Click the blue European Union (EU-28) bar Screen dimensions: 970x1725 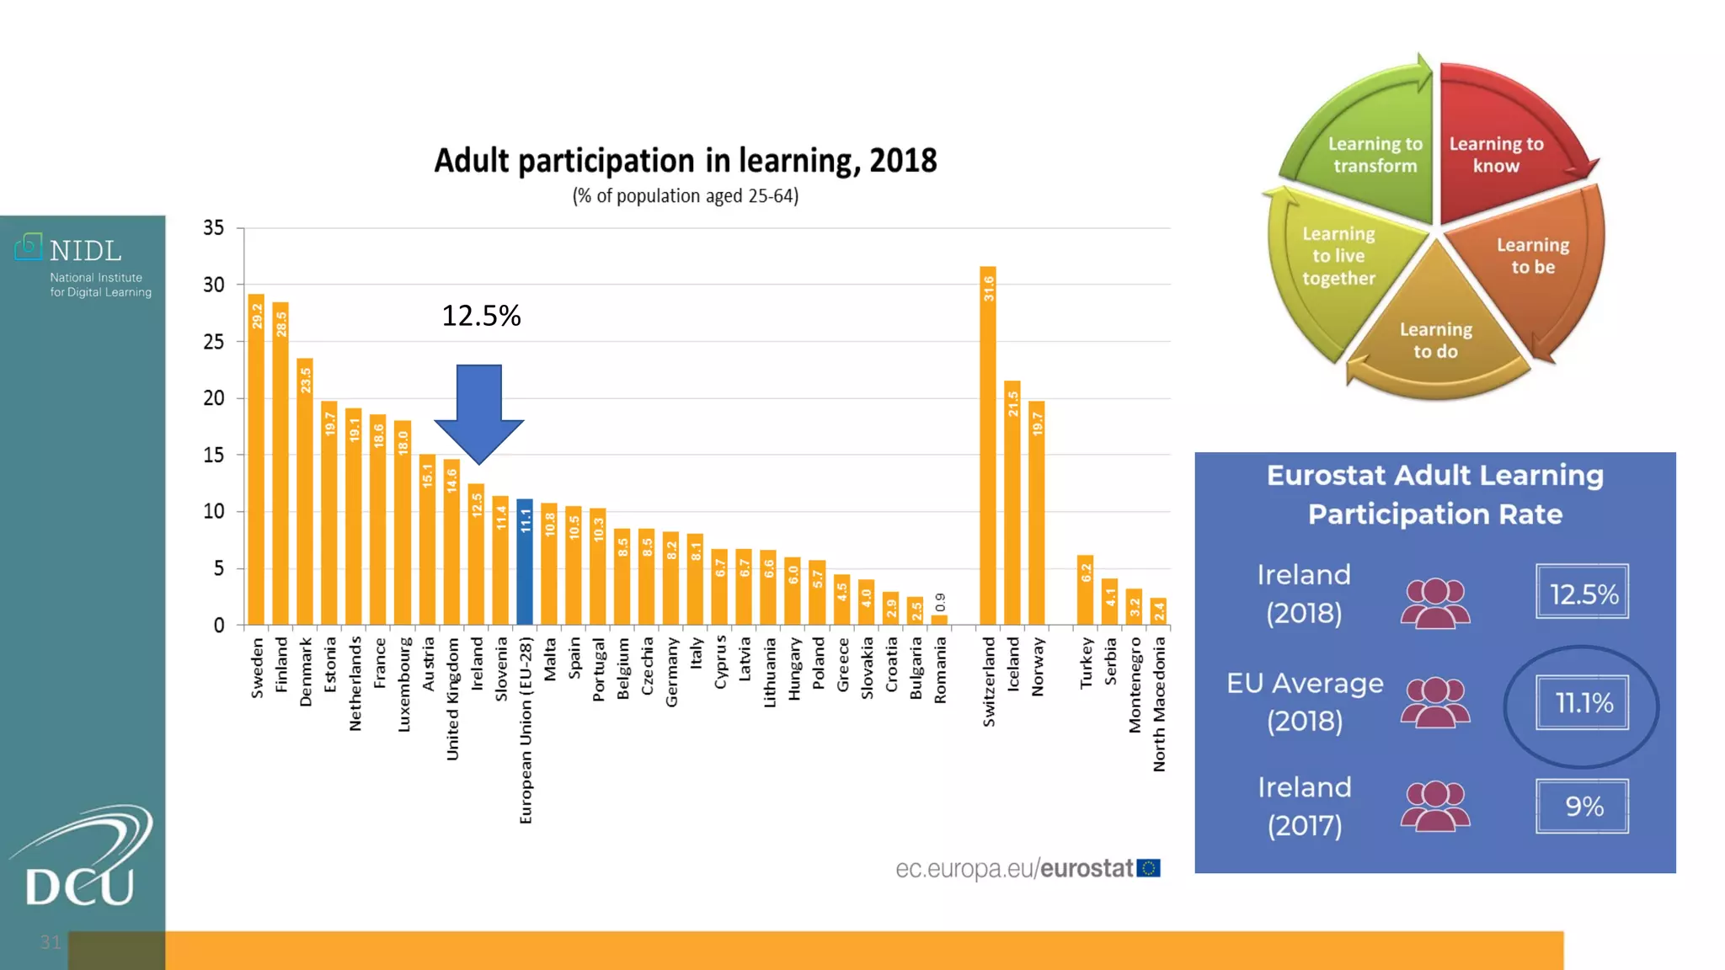click(525, 562)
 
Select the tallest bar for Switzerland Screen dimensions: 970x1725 click(988, 446)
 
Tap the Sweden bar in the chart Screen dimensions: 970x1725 click(256, 460)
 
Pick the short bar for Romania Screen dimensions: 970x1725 click(939, 620)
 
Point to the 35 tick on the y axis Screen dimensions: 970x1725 click(214, 228)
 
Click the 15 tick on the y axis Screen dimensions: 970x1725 click(214, 455)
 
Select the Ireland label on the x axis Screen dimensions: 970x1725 click(477, 664)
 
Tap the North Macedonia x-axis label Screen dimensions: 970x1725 click(1159, 704)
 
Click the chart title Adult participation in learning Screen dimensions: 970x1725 click(685, 161)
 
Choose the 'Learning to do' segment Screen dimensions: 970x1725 click(1436, 337)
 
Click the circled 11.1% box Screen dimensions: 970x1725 click(1582, 702)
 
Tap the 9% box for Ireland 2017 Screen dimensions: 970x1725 click(1582, 807)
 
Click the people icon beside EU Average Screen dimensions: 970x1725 click(1435, 702)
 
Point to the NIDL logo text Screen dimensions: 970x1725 click(85, 251)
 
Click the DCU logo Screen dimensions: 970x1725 click(81, 859)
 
